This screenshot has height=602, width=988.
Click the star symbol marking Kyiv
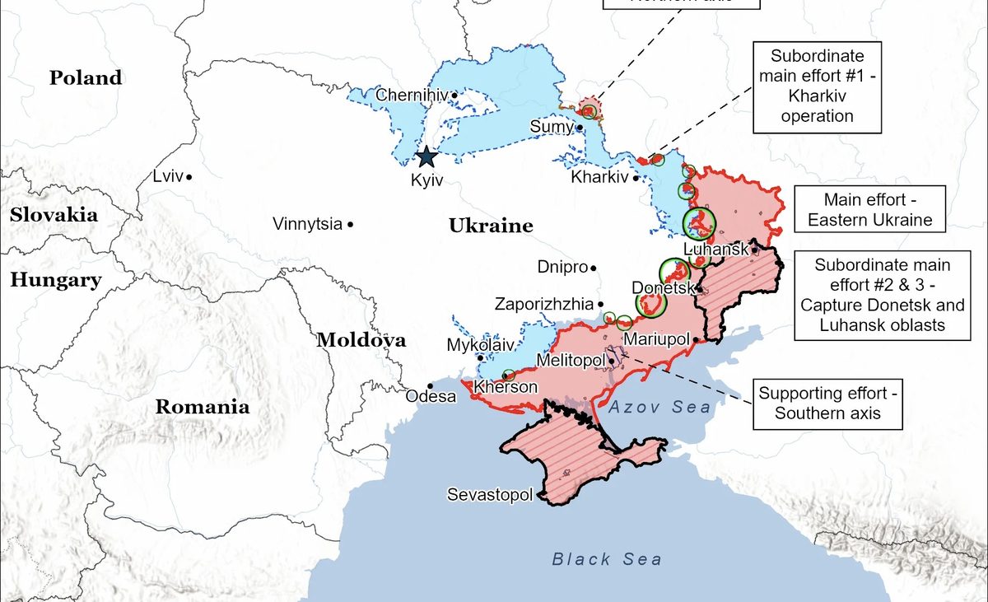[x=426, y=156]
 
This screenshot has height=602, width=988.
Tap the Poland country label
[x=86, y=78]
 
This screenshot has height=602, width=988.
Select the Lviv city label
[x=168, y=176]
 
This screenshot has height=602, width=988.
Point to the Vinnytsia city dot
[x=351, y=224]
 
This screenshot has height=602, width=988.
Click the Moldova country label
[x=361, y=340]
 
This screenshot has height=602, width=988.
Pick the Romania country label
[x=203, y=406]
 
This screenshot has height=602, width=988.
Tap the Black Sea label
[x=606, y=560]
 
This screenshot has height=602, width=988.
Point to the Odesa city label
[x=431, y=396]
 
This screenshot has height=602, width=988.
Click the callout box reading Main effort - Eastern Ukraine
[x=869, y=210]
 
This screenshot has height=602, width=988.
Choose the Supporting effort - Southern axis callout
[x=827, y=404]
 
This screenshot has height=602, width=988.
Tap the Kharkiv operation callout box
[x=817, y=86]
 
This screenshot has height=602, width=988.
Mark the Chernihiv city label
[x=412, y=96]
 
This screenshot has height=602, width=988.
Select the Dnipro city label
[x=562, y=267]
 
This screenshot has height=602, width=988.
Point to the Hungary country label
[x=56, y=280]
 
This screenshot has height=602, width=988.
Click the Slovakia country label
[x=54, y=216]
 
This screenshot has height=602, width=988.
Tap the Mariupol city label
[x=656, y=338]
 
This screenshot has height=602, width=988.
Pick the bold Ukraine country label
[x=491, y=226]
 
